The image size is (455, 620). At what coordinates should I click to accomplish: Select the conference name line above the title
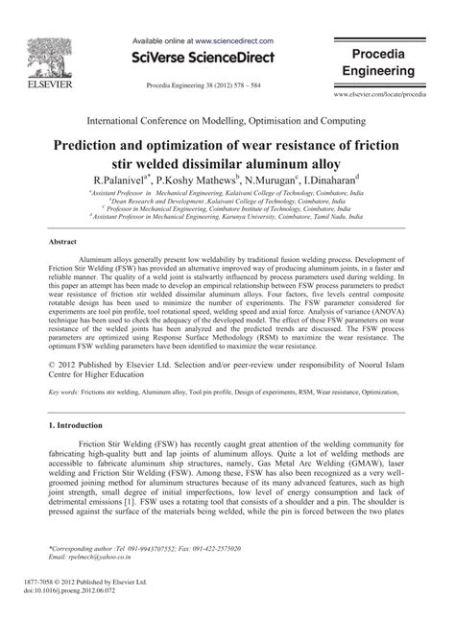point(227,122)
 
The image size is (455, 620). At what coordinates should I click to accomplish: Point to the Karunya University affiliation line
point(230,217)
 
